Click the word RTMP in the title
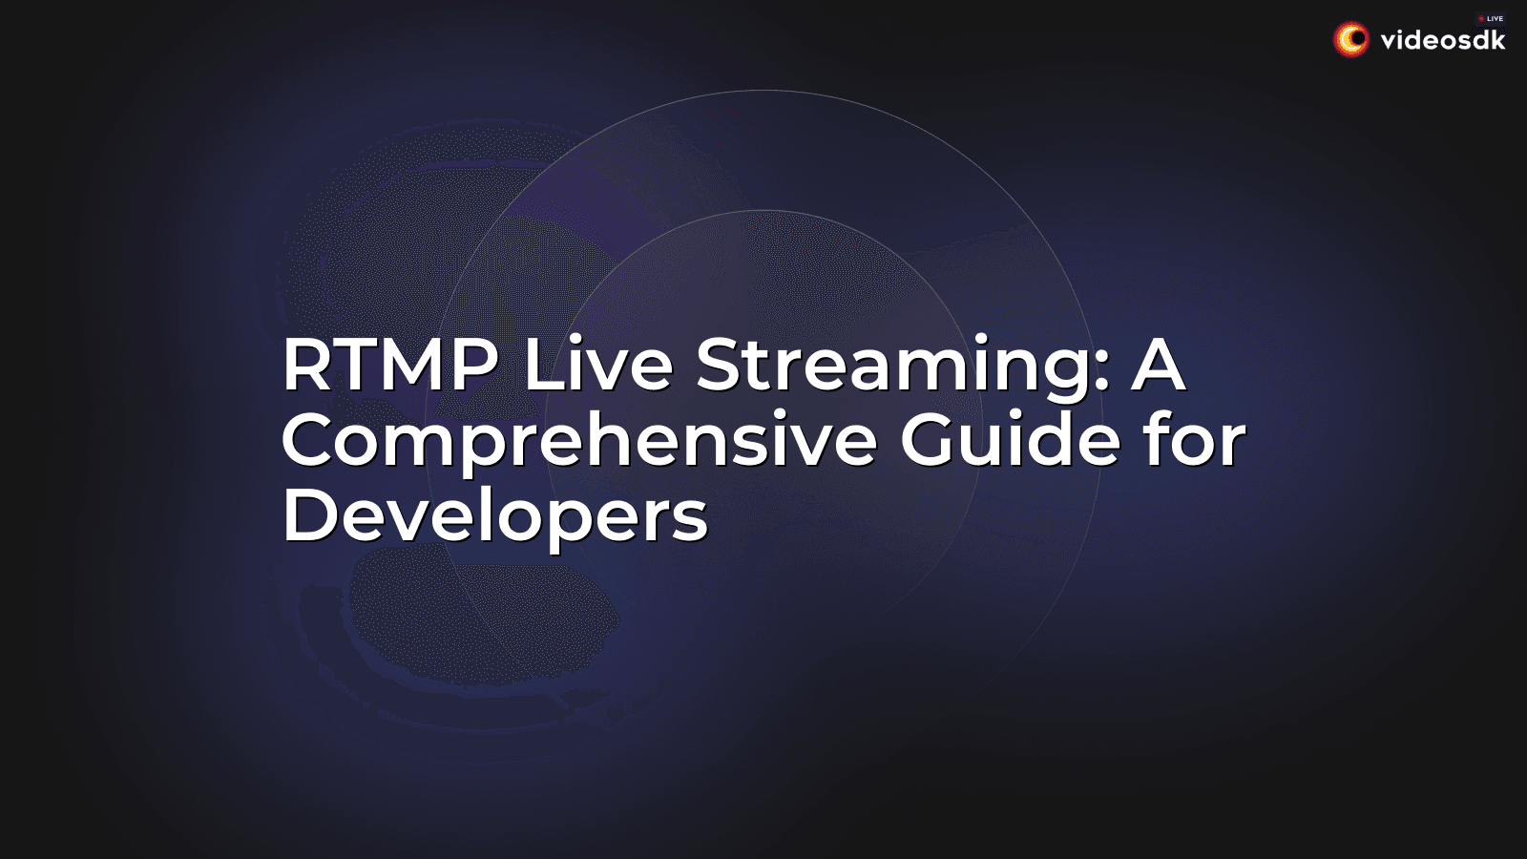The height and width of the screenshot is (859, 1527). click(390, 365)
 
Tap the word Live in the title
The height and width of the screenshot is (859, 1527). click(598, 365)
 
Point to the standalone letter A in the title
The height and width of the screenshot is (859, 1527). click(1158, 365)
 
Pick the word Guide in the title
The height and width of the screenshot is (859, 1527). click(1010, 440)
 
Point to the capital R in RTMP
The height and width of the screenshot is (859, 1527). click(304, 365)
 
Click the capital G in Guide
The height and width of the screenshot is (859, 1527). click(931, 440)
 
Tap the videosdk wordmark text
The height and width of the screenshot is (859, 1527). click(1443, 40)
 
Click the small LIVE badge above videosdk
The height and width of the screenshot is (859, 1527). click(1492, 18)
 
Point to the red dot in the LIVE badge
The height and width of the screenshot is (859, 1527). click(1481, 18)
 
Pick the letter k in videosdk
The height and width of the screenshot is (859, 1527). click(1497, 39)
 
